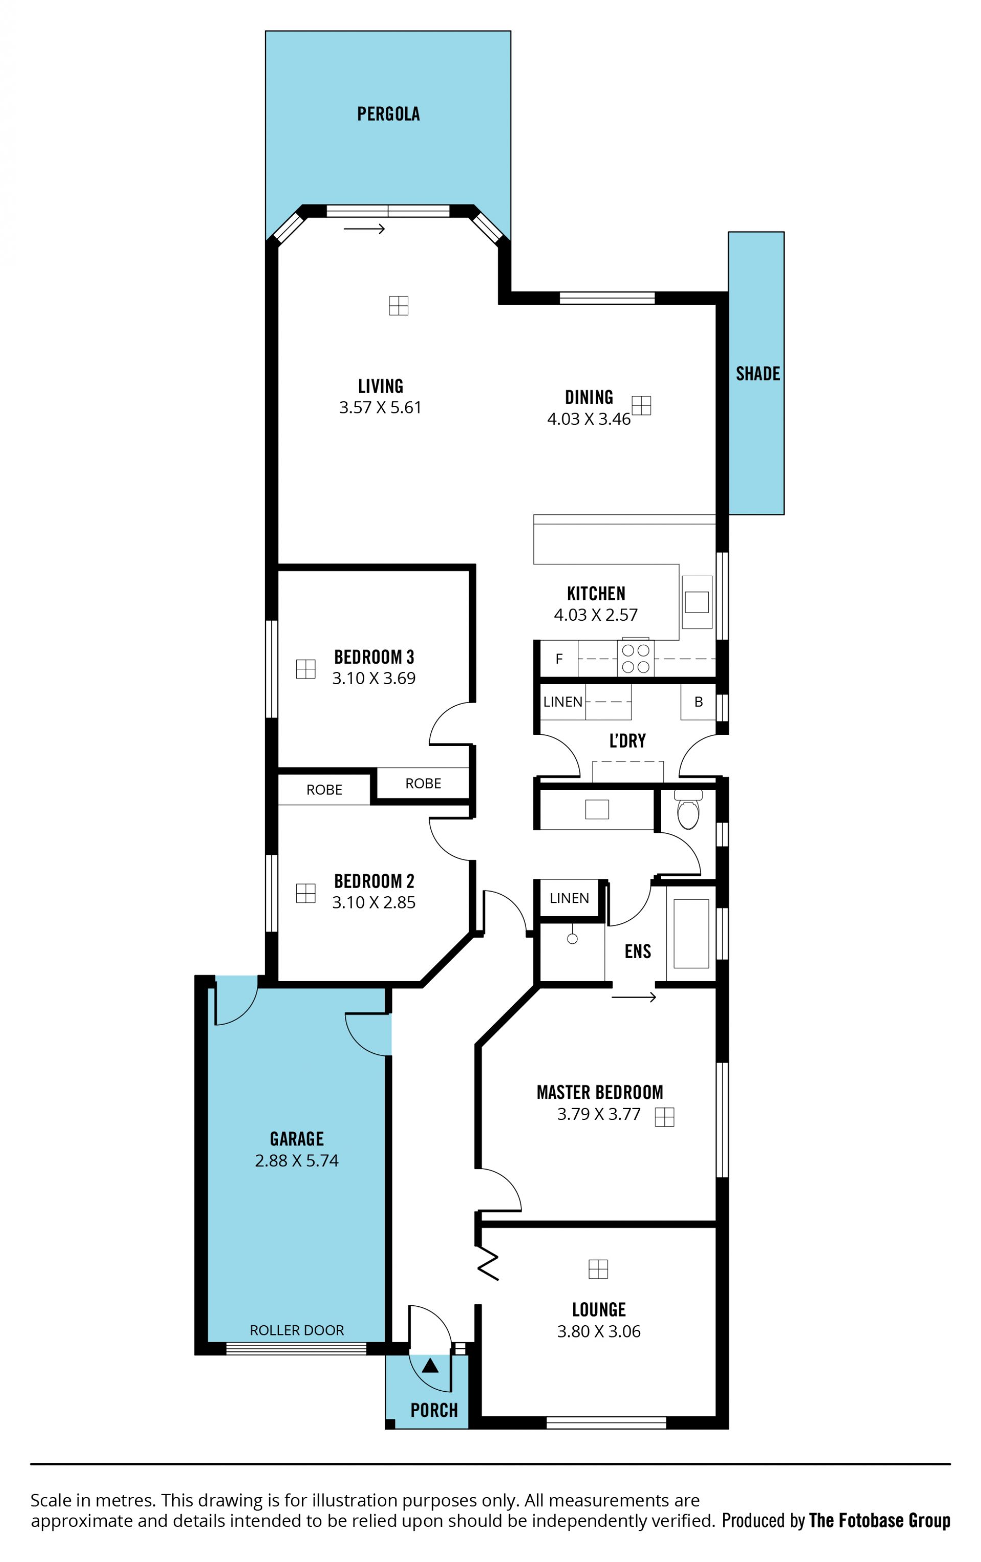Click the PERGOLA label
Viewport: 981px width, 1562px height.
tap(388, 114)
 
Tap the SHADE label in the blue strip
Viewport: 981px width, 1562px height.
tap(757, 374)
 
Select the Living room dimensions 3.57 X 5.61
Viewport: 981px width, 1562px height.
tap(380, 408)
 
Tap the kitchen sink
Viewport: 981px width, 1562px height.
tap(696, 601)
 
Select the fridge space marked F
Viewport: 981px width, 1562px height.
tap(559, 659)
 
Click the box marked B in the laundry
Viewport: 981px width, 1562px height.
tap(698, 702)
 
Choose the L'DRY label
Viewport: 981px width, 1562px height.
tap(627, 741)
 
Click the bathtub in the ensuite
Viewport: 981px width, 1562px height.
tap(691, 934)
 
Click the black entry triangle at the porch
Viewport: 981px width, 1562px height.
tap(430, 1366)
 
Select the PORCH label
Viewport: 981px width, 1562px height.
tap(434, 1410)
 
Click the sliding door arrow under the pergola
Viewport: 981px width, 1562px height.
tap(364, 229)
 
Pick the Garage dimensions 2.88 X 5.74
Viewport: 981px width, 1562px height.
tap(296, 1161)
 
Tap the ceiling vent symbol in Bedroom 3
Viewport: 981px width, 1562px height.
tap(306, 669)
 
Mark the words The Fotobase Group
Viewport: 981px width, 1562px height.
tap(879, 1520)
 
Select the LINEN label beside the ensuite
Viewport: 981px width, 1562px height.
tap(569, 898)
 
